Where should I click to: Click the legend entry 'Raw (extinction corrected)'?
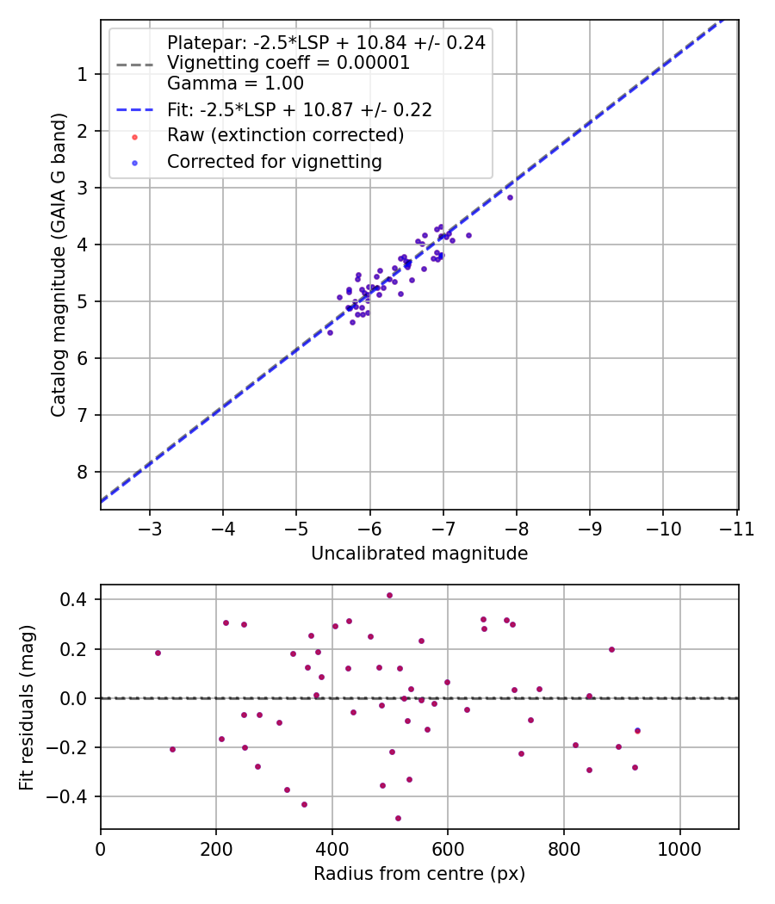coord(285,135)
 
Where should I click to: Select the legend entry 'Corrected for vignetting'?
coord(274,161)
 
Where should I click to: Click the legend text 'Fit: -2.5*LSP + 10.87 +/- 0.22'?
coord(299,109)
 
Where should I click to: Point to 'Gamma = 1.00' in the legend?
coord(235,84)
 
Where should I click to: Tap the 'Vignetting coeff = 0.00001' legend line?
coord(288,63)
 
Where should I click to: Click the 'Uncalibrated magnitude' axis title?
coord(419,554)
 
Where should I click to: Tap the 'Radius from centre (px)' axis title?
coord(419,874)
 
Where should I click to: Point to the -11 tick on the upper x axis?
coord(736,527)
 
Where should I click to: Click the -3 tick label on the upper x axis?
coord(150,527)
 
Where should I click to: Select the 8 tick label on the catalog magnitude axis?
coord(83,472)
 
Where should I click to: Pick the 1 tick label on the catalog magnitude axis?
coord(83,74)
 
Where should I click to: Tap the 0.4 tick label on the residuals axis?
coord(76,599)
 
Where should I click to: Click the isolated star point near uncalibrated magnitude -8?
coord(510,197)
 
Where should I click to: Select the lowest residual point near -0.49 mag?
coord(398,818)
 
